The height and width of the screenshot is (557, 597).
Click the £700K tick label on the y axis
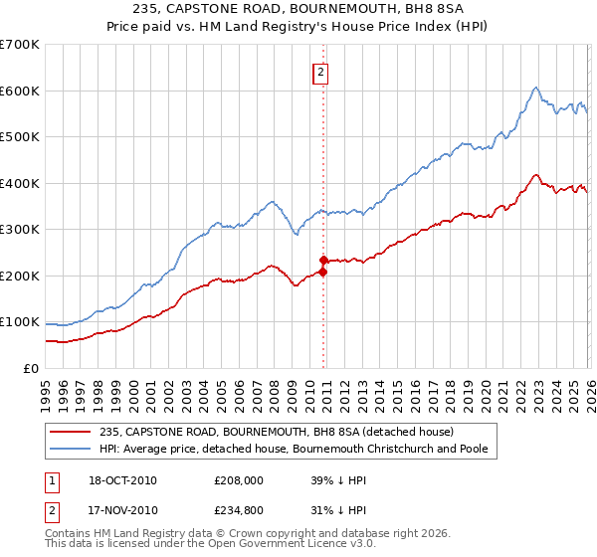coord(20,45)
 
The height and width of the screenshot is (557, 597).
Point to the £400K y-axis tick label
coord(20,183)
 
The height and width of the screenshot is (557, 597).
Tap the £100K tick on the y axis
coord(20,322)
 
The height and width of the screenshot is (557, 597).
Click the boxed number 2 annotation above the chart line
coord(321,72)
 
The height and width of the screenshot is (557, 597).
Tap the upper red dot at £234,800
coord(323,260)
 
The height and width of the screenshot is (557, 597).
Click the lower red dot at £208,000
coord(323,272)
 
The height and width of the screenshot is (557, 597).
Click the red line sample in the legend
coord(72,432)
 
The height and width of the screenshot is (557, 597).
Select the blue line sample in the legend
coord(72,449)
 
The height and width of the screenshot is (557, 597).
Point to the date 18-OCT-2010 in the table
coord(122,480)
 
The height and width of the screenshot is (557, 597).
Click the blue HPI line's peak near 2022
coord(535,88)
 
